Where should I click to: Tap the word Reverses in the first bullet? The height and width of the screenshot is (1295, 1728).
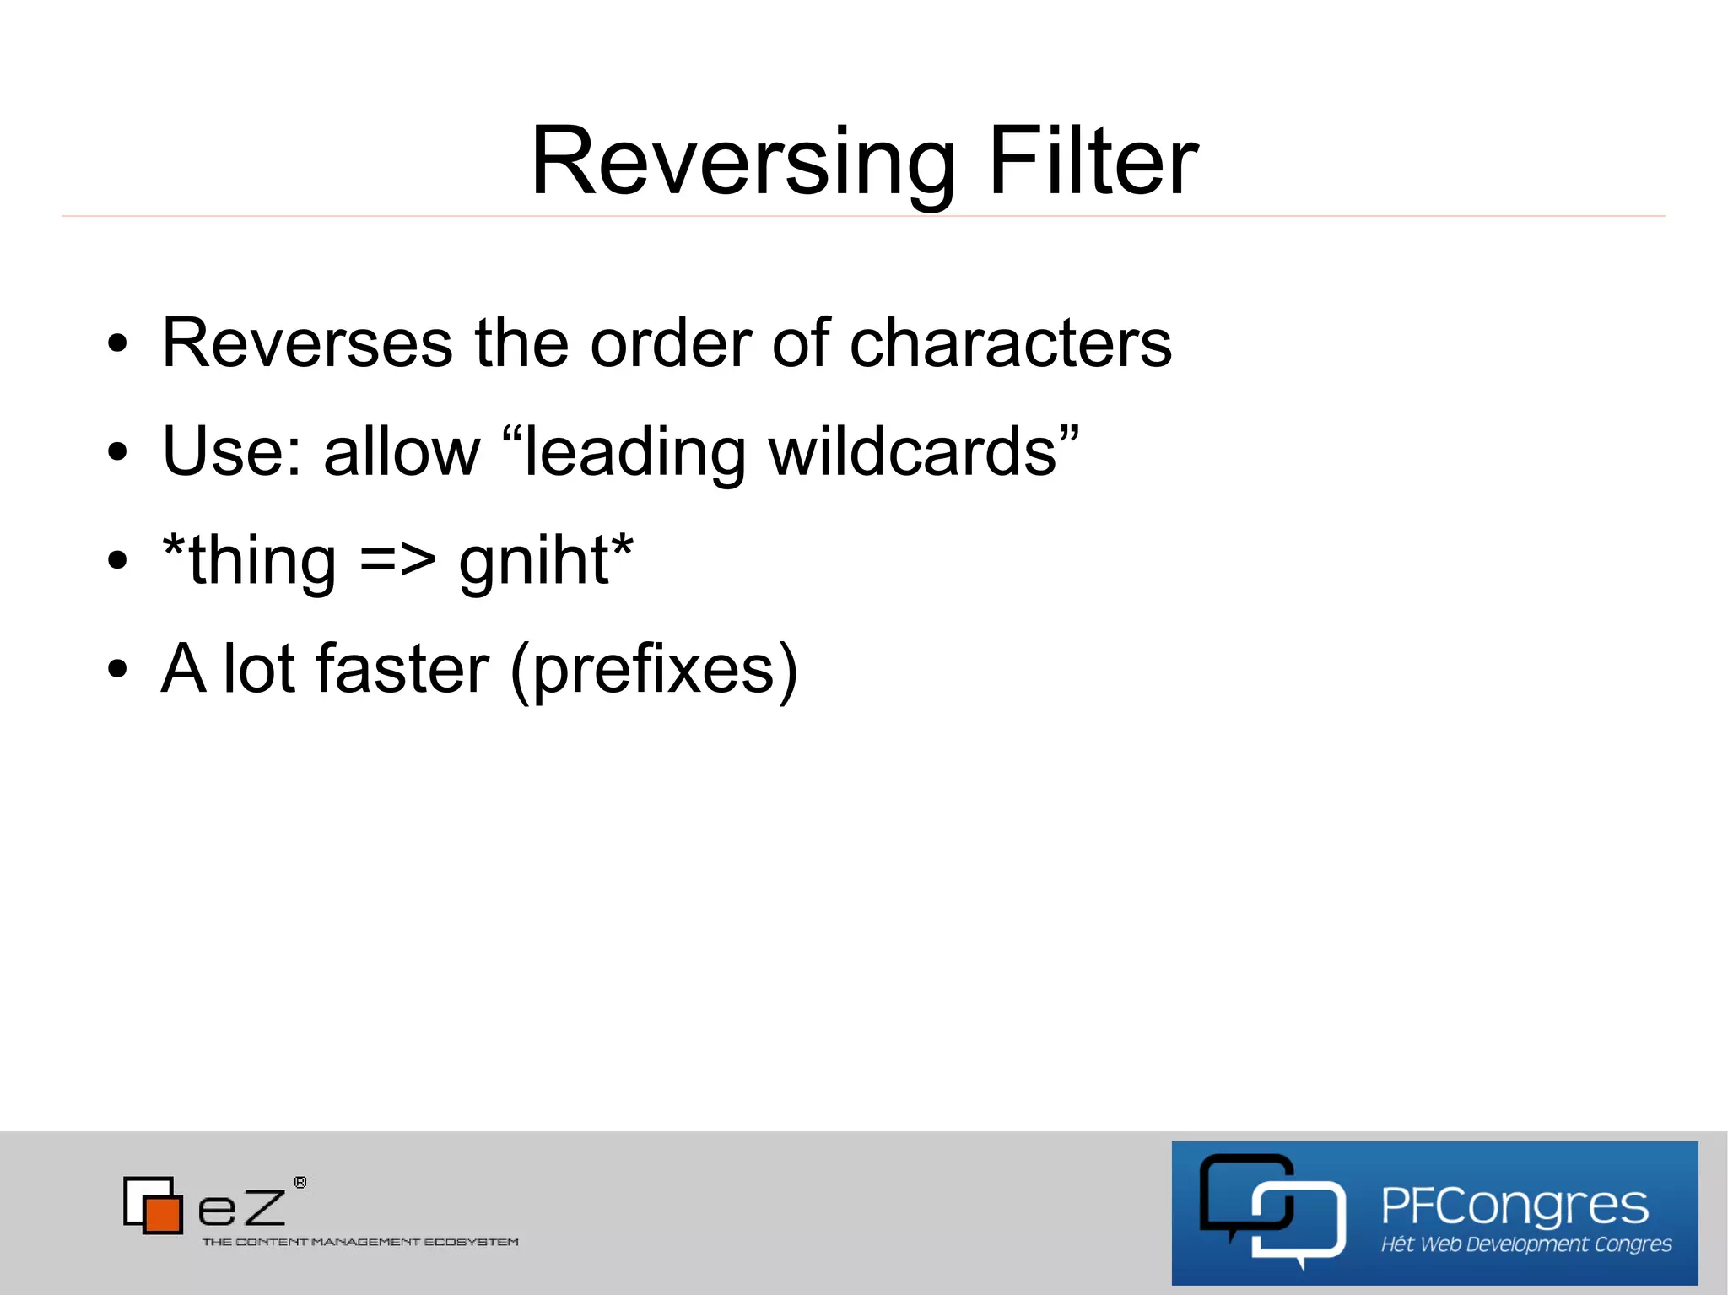pos(307,343)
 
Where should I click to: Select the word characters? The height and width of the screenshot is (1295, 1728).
pos(1010,343)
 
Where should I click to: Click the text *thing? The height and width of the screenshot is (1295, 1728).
pos(250,561)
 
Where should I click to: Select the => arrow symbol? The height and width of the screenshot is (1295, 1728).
pos(397,561)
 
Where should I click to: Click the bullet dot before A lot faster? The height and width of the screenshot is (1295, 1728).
pos(117,670)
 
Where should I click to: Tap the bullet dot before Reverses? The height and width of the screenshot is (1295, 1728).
pos(117,344)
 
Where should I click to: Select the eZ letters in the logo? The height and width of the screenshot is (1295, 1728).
pos(242,1209)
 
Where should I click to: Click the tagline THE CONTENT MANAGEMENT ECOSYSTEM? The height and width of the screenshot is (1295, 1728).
pos(360,1242)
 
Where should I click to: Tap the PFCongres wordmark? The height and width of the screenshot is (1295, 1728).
pos(1514,1206)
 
